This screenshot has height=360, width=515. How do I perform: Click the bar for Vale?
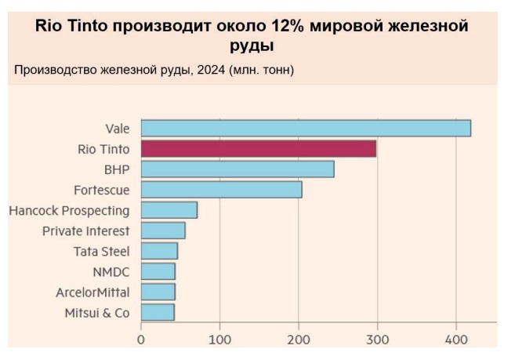(306, 128)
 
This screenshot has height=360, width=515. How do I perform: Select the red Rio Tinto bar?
(259, 148)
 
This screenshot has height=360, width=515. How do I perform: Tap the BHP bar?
(238, 169)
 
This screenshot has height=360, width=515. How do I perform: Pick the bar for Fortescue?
(221, 189)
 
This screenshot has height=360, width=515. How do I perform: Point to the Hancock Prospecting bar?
(169, 210)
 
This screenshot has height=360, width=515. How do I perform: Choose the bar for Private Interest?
(163, 231)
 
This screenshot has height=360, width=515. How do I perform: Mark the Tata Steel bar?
(159, 251)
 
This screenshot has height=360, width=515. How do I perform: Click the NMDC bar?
(158, 271)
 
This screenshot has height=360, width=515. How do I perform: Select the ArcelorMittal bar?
(158, 292)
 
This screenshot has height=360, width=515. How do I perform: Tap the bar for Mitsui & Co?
(158, 312)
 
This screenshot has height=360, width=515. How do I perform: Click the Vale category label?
(118, 128)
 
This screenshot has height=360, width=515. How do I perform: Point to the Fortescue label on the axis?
(102, 190)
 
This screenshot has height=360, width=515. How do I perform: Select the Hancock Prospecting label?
(69, 210)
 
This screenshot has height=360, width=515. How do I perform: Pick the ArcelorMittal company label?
(92, 293)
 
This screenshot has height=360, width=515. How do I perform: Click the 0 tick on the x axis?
(141, 340)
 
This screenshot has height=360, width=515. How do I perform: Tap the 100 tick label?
(220, 340)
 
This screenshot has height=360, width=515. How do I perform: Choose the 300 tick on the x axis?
(378, 340)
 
